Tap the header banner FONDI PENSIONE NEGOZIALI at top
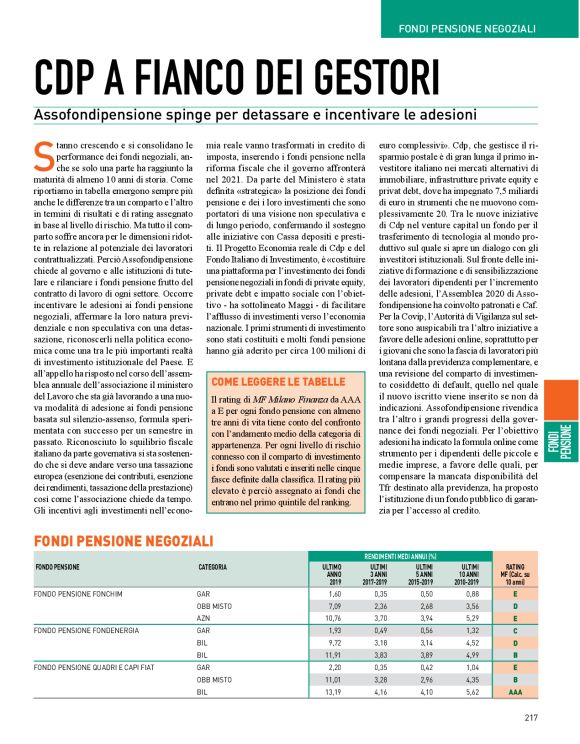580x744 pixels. click(x=480, y=23)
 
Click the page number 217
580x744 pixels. click(x=531, y=717)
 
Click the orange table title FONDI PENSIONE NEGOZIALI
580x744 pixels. click(x=123, y=540)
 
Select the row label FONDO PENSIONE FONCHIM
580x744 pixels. click(x=79, y=593)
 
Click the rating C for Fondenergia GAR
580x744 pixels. click(x=515, y=632)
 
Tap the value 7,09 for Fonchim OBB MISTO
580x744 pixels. click(x=334, y=605)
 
